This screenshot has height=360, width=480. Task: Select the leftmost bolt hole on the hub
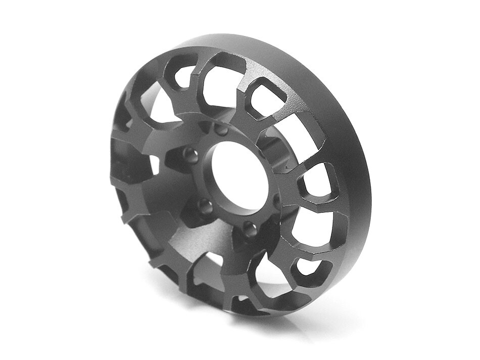click(x=189, y=154)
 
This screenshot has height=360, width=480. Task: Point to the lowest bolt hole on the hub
click(x=249, y=230)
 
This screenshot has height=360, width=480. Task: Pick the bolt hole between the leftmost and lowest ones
click(x=205, y=206)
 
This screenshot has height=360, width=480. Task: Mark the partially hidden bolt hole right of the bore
click(x=277, y=201)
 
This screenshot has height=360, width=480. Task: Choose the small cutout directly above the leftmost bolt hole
click(x=184, y=76)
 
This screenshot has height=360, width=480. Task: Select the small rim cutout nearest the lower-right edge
click(x=307, y=267)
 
